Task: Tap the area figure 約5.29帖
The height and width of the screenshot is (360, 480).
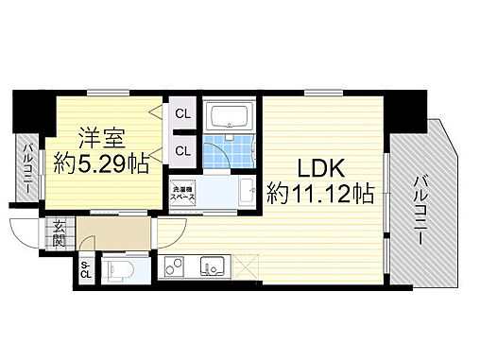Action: point(100,163)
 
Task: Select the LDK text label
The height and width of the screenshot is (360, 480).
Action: point(320,168)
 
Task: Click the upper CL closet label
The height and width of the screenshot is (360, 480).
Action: point(182,114)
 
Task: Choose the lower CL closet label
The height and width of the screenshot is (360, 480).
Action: point(182,149)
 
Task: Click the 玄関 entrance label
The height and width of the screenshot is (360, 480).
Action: point(59,232)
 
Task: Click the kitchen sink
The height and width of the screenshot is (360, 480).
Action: point(210,267)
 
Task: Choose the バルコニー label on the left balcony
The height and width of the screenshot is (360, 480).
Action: point(29,166)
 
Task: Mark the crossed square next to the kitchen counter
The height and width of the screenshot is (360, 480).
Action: point(245,267)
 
